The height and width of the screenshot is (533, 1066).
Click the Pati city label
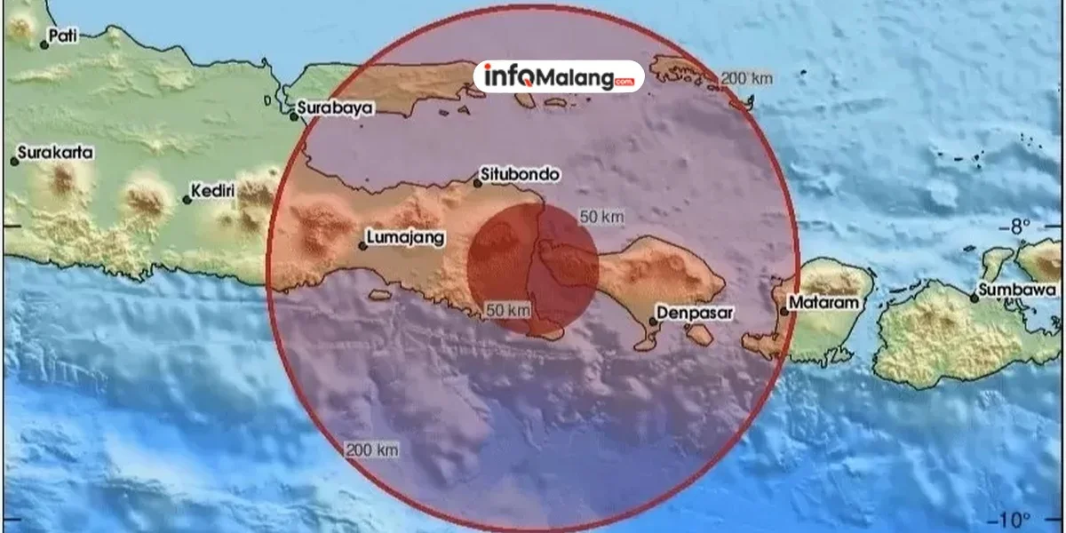tap(61, 36)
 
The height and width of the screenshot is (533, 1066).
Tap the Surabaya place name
tap(336, 107)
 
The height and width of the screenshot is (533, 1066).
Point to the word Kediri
tap(214, 192)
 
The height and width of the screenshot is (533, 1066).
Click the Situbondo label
tap(520, 175)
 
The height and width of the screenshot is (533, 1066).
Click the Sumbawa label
tap(1018, 290)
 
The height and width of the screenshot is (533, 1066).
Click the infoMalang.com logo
tap(558, 77)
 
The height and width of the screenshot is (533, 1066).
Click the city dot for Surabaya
tap(294, 115)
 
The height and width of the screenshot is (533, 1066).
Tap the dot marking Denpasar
tap(654, 322)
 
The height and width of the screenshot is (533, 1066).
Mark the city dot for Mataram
tap(784, 311)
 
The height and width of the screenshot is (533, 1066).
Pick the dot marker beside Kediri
tap(187, 199)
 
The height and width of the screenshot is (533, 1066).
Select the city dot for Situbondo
tap(477, 183)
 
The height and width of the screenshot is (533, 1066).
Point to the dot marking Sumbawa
tap(975, 298)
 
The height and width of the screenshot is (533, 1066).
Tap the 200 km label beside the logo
tap(745, 79)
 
